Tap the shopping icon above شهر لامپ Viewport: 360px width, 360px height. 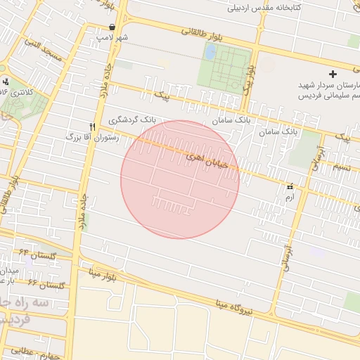click(x=112, y=27)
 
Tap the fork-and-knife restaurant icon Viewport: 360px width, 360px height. click(x=92, y=127)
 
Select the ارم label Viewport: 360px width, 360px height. click(x=289, y=198)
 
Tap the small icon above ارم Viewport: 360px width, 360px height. click(x=289, y=187)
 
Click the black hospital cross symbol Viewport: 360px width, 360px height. click(x=333, y=74)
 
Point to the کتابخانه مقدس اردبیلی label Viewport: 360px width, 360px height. click(x=264, y=8)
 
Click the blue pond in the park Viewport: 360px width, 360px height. click(x=210, y=51)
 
